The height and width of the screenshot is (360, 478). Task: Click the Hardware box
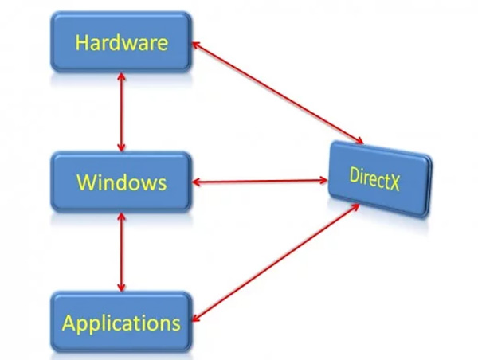(x=121, y=41)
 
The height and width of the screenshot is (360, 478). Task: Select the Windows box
(x=121, y=182)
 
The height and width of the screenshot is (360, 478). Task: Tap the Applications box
(x=121, y=323)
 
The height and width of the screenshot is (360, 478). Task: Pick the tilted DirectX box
(x=379, y=178)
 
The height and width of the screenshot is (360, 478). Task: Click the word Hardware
(x=121, y=41)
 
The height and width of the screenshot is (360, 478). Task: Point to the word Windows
(x=121, y=182)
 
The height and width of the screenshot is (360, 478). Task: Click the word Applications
(x=121, y=323)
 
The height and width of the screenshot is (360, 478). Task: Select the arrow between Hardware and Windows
(x=121, y=112)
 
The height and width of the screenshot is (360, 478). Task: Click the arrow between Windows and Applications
(x=121, y=252)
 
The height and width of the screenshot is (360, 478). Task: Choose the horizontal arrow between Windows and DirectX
(x=261, y=183)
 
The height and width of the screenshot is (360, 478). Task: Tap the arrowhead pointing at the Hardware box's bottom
(x=121, y=76)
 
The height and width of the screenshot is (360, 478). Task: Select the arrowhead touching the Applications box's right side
(x=196, y=319)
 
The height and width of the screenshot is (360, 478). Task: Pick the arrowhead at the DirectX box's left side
(x=324, y=182)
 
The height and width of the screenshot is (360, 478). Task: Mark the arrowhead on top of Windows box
(x=121, y=147)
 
